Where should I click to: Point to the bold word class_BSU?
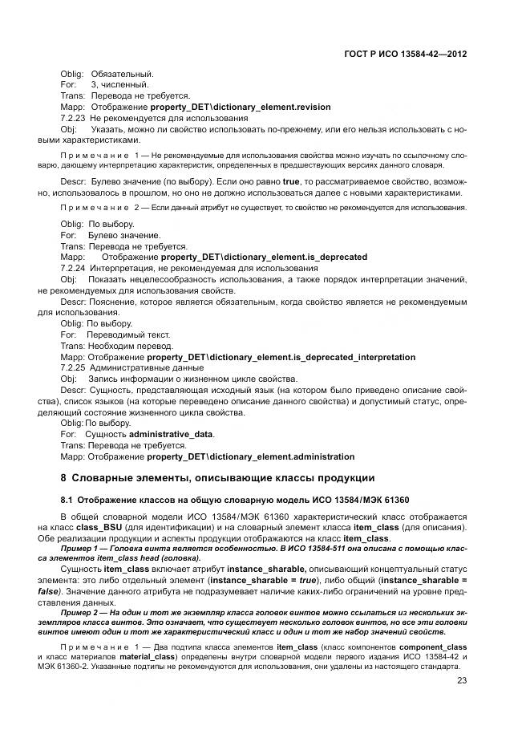tap(97, 529)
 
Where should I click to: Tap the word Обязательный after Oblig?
tap(122, 74)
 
